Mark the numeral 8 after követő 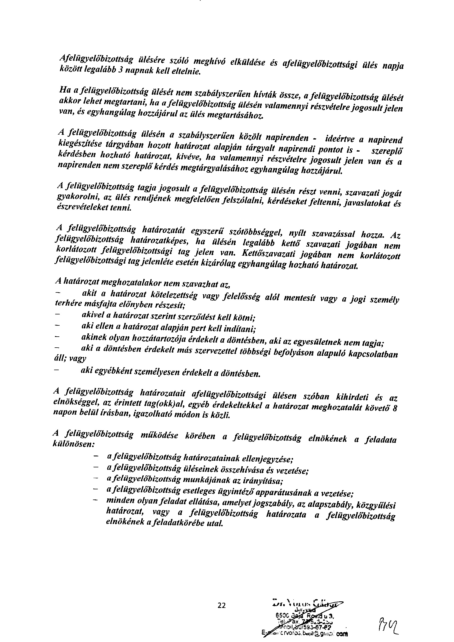[395, 409]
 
